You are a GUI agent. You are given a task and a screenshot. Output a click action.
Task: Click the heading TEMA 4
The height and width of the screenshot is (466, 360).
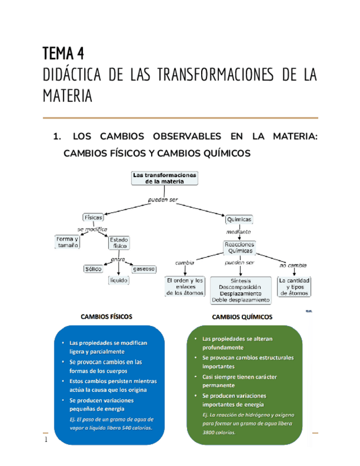[64, 54]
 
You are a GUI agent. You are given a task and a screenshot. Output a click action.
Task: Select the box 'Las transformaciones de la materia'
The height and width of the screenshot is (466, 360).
[164, 178]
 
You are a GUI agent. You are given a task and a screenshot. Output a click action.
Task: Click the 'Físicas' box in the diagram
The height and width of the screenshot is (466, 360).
[93, 217]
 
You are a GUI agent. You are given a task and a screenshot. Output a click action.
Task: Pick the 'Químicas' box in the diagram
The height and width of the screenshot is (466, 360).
[239, 219]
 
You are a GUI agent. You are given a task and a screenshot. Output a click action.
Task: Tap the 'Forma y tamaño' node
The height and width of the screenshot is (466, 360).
[67, 242]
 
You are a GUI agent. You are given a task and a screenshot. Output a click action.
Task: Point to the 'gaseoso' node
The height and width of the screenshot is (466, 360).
[145, 269]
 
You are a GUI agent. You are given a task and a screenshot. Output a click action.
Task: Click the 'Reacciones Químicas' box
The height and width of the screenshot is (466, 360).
[239, 247]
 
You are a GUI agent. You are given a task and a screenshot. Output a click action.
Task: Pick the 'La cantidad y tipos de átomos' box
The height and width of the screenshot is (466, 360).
[294, 286]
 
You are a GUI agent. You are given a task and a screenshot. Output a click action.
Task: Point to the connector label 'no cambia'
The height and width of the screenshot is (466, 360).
[293, 264]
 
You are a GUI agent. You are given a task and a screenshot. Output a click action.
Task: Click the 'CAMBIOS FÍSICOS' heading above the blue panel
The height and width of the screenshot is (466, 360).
[106, 317]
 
